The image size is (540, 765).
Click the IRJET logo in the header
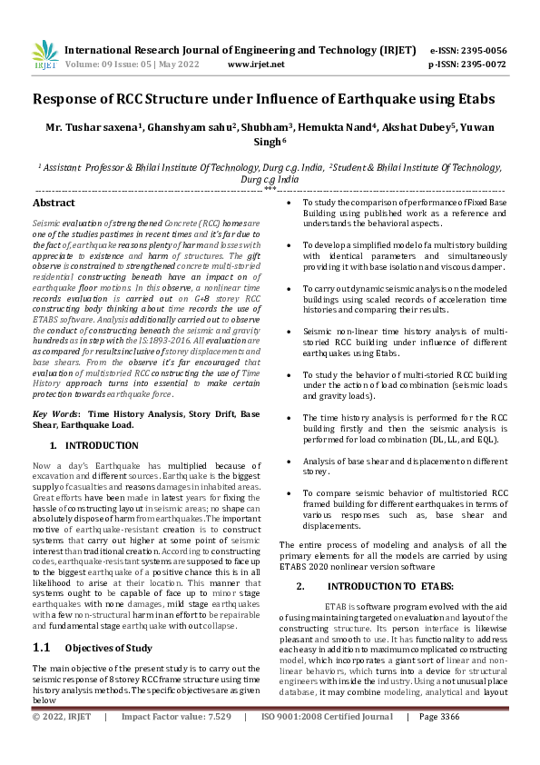(44, 56)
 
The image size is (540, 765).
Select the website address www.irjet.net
(256, 65)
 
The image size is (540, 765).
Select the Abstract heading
(54, 204)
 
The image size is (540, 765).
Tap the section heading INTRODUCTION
(102, 445)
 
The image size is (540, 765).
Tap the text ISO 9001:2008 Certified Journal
(327, 741)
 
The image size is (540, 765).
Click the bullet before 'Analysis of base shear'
(288, 462)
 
